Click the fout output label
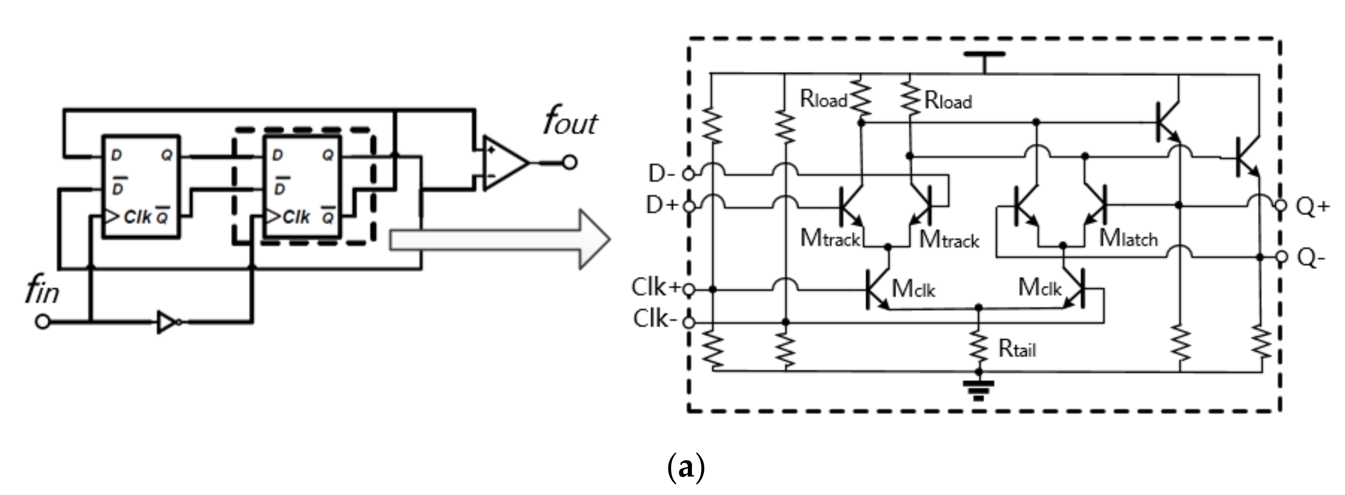(x=570, y=123)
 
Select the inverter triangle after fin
(x=166, y=322)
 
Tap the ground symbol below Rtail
(x=979, y=389)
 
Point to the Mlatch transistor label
(x=1128, y=239)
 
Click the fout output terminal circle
(x=570, y=162)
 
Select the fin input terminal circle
(x=42, y=322)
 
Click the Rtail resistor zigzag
(x=979, y=345)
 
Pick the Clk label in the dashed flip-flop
(x=296, y=217)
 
